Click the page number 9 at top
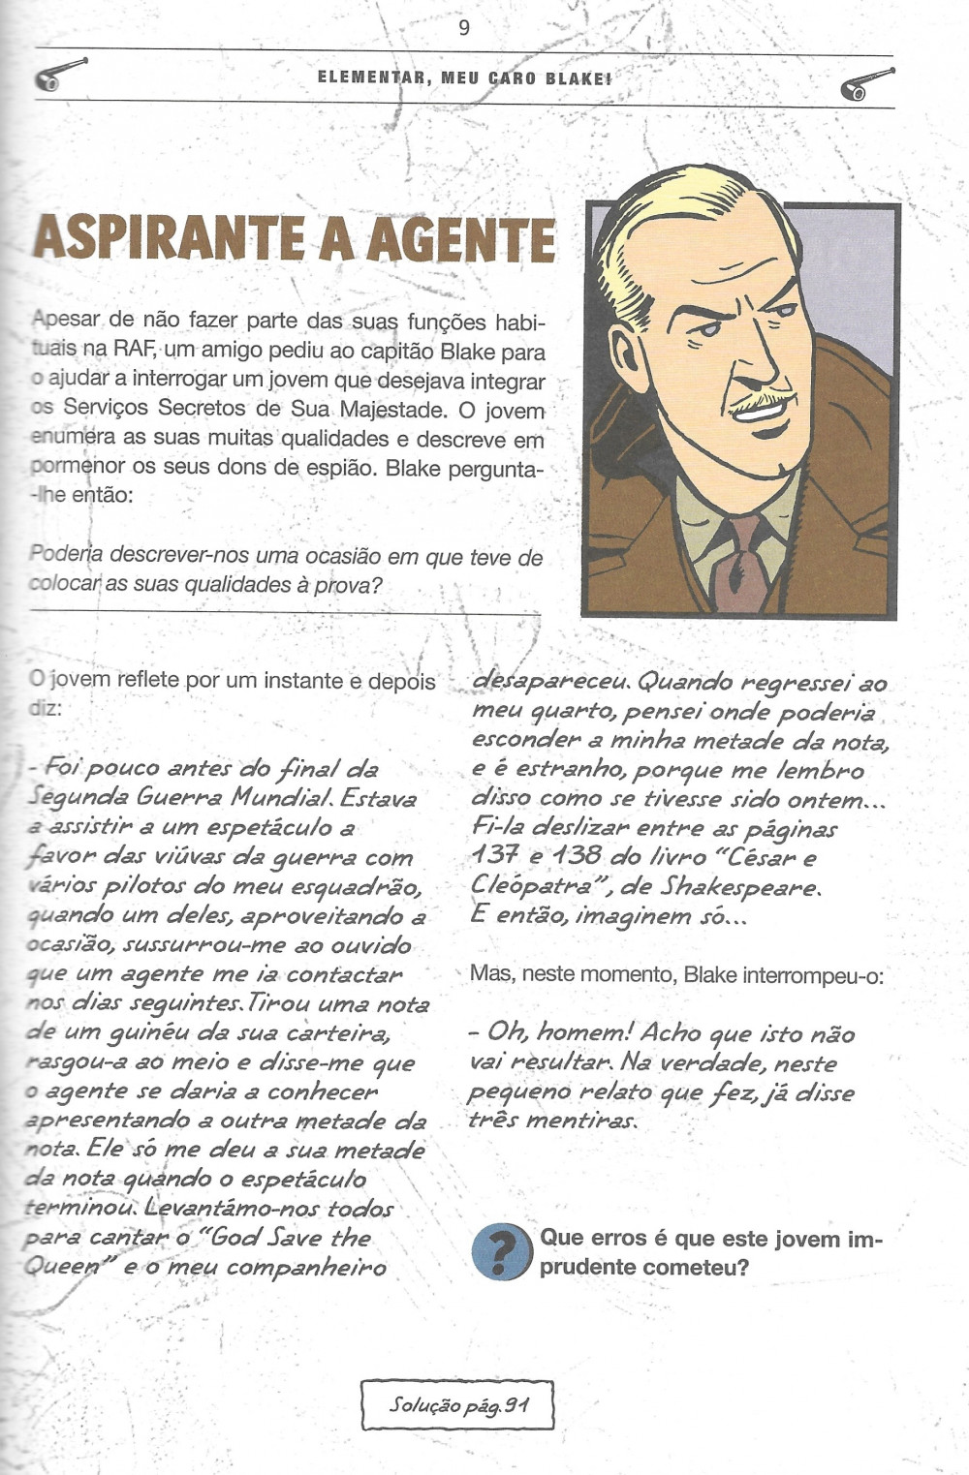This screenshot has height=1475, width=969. (464, 28)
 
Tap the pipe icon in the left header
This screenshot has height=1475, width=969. (59, 76)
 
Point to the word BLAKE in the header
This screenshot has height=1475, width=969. (578, 78)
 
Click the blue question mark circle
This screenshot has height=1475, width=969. (501, 1252)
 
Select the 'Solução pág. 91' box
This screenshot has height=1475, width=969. (457, 1404)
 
